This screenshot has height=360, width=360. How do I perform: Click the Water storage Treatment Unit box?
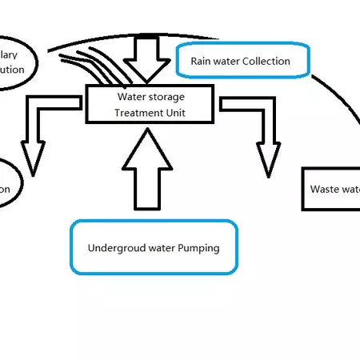pos(150,104)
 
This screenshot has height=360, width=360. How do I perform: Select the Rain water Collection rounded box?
pos(240,61)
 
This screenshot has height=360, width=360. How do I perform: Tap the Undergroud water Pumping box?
pos(154,247)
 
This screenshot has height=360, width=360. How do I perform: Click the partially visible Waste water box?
pos(330,190)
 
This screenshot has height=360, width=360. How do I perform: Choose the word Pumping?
pos(199,248)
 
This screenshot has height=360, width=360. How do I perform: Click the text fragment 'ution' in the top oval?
pos(12,70)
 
